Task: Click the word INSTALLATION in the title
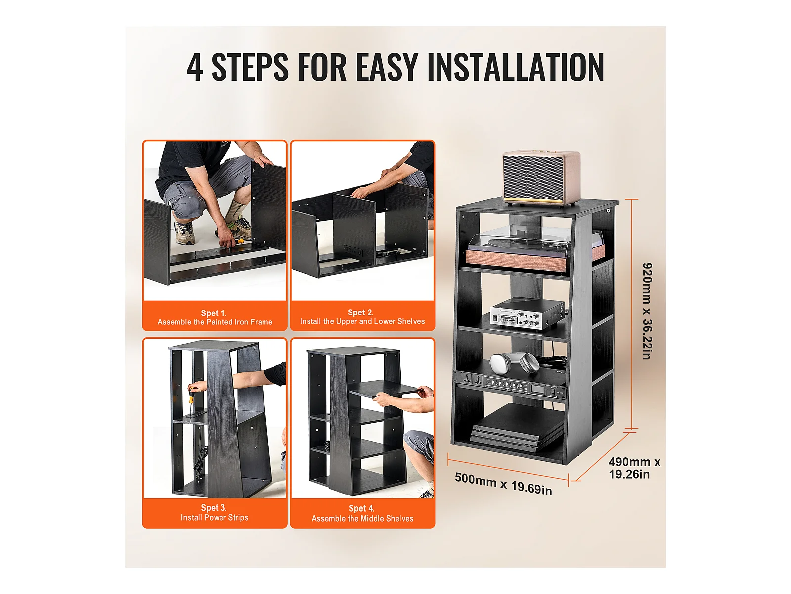click(x=515, y=67)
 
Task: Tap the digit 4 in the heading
click(x=195, y=67)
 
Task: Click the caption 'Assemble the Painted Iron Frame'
click(x=215, y=322)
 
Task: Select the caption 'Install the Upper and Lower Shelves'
click(x=362, y=321)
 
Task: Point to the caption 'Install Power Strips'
click(x=215, y=518)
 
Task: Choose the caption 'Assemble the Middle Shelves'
click(x=362, y=519)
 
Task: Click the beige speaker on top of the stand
click(x=541, y=178)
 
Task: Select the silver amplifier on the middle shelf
click(x=527, y=313)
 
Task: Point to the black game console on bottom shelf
click(x=516, y=426)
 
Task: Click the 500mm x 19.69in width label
click(x=503, y=483)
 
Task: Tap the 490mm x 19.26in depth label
click(x=634, y=468)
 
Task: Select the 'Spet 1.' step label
click(x=214, y=313)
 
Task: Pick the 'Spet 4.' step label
click(x=361, y=508)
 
